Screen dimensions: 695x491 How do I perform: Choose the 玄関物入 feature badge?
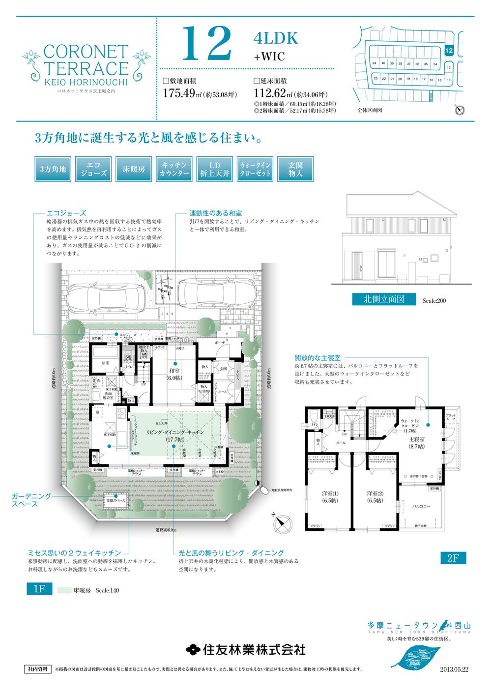[295, 170]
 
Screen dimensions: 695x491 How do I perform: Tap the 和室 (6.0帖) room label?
[174, 376]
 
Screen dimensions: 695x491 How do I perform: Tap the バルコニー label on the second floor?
[422, 506]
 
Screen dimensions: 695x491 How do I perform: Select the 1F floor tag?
[39, 590]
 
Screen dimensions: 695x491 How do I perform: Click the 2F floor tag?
[453, 557]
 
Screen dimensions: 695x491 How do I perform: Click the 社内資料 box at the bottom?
[36, 669]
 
